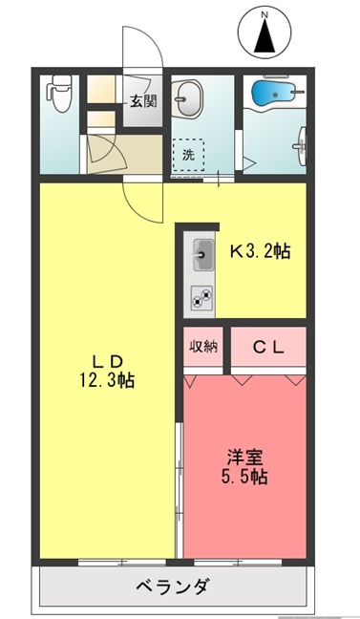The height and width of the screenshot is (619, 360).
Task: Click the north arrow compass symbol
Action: point(265,32)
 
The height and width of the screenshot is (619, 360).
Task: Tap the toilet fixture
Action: point(60,94)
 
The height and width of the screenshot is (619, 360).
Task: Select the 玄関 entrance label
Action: point(143,102)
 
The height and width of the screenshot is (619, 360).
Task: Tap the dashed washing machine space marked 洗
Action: point(188,155)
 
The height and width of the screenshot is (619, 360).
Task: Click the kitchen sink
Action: point(203,255)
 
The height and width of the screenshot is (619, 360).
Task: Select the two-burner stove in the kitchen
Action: point(201,298)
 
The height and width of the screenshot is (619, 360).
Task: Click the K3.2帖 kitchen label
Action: point(261,251)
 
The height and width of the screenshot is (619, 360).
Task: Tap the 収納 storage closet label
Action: point(203,347)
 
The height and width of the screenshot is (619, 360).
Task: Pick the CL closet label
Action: point(268,348)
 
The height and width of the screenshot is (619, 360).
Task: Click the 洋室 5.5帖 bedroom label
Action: point(244,467)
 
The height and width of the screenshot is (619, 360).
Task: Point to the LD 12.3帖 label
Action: point(108,371)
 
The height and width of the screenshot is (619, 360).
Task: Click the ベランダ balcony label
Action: point(172,587)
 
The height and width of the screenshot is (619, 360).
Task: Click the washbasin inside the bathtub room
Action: point(302,146)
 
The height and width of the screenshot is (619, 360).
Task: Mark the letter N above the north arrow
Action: point(265,15)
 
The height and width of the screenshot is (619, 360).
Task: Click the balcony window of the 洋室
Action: point(238,563)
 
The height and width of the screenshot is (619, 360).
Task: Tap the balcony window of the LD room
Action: point(122,563)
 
